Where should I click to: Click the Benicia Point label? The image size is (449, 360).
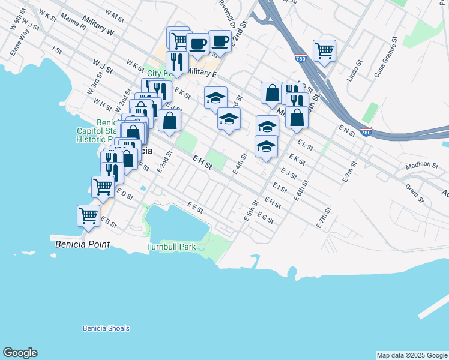coord(83,244)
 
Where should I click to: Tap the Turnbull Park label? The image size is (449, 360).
coord(171,247)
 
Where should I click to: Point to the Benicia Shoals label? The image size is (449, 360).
coord(106,328)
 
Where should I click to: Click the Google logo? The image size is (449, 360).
coord(20,353)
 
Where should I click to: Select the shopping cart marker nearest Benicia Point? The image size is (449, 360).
coord(89,215)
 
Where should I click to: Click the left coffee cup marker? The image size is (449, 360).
coord(197,43)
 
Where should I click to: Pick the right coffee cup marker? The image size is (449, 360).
coord(220,41)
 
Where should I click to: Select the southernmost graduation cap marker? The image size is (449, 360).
coord(266,146)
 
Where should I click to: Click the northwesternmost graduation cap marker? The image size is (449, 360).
coord(215,97)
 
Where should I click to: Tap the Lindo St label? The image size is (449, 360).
coord(355,71)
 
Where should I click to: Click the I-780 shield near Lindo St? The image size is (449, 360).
coord(301,59)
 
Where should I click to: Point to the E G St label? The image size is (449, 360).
coord(265,218)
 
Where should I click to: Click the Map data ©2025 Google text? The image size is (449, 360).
coord(411,355)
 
